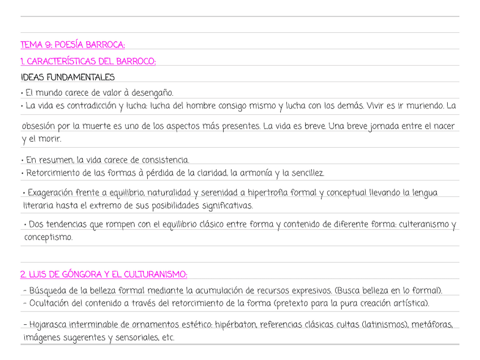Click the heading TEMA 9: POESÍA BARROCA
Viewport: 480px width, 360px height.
click(72, 45)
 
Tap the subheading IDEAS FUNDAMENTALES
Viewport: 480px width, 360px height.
click(67, 77)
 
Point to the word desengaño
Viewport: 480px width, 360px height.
click(152, 93)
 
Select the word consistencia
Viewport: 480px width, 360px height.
click(165, 160)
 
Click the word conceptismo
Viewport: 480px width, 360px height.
click(48, 238)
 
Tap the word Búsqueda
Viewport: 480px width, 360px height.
click(47, 291)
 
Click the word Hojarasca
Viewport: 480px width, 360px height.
click(49, 325)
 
